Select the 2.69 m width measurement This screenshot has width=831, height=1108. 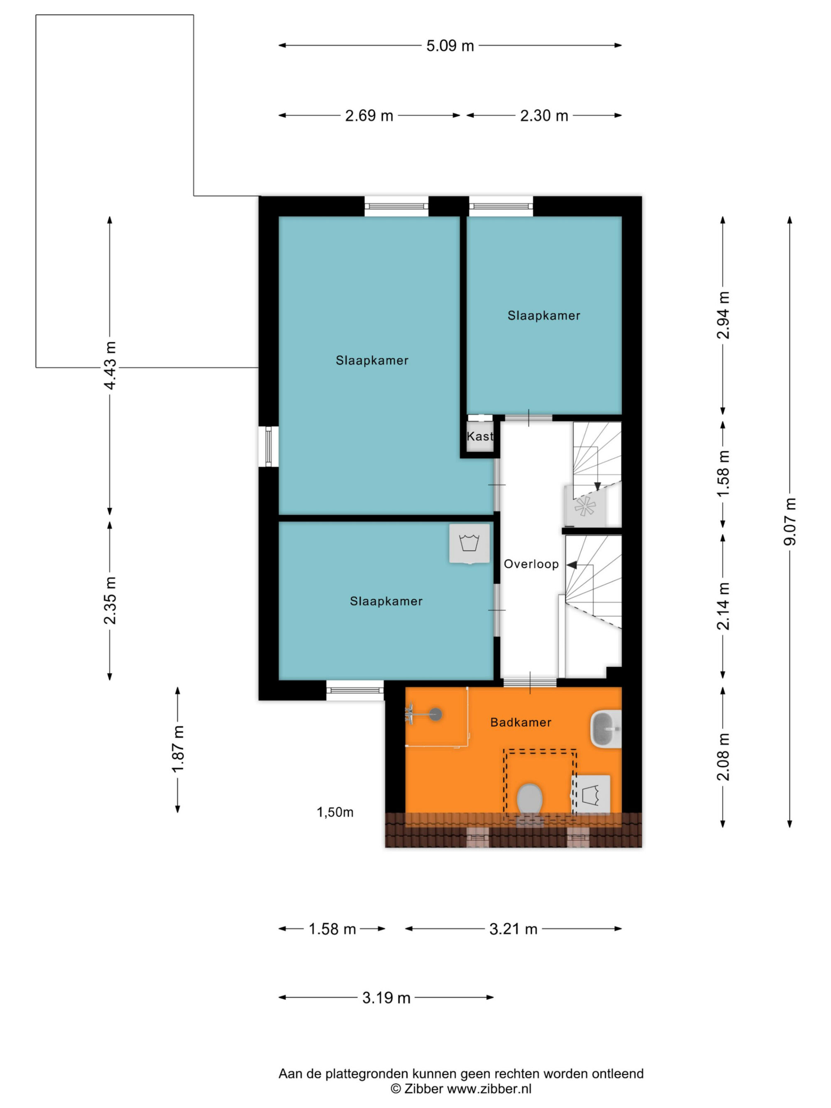pyautogui.click(x=369, y=116)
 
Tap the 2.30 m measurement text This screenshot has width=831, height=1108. pyautogui.click(x=544, y=116)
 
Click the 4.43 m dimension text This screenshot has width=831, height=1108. pyautogui.click(x=110, y=365)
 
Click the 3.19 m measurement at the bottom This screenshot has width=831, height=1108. pyautogui.click(x=386, y=998)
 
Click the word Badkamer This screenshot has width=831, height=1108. pyautogui.click(x=521, y=722)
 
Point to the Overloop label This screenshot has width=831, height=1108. pyautogui.click(x=531, y=564)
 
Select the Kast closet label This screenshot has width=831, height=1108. pyautogui.click(x=480, y=436)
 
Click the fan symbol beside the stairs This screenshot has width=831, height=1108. pyautogui.click(x=584, y=506)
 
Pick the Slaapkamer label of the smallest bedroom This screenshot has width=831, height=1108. pyautogui.click(x=543, y=316)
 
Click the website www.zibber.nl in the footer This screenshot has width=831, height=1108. pyautogui.click(x=489, y=1088)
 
